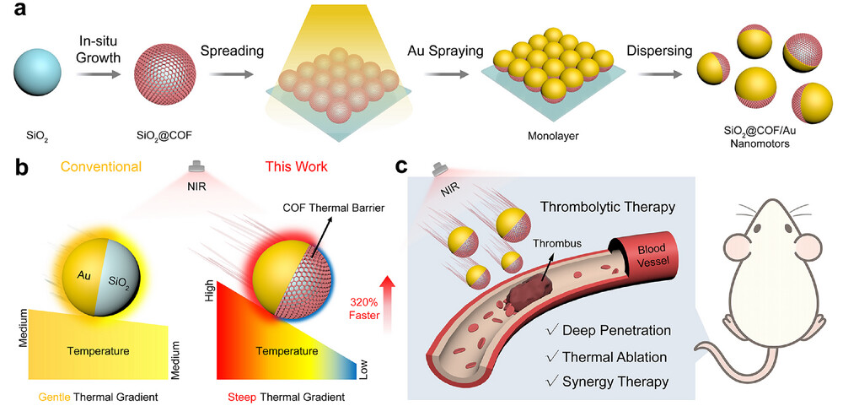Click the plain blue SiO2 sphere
(x=43, y=74)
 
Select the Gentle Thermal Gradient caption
(x=88, y=396)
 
